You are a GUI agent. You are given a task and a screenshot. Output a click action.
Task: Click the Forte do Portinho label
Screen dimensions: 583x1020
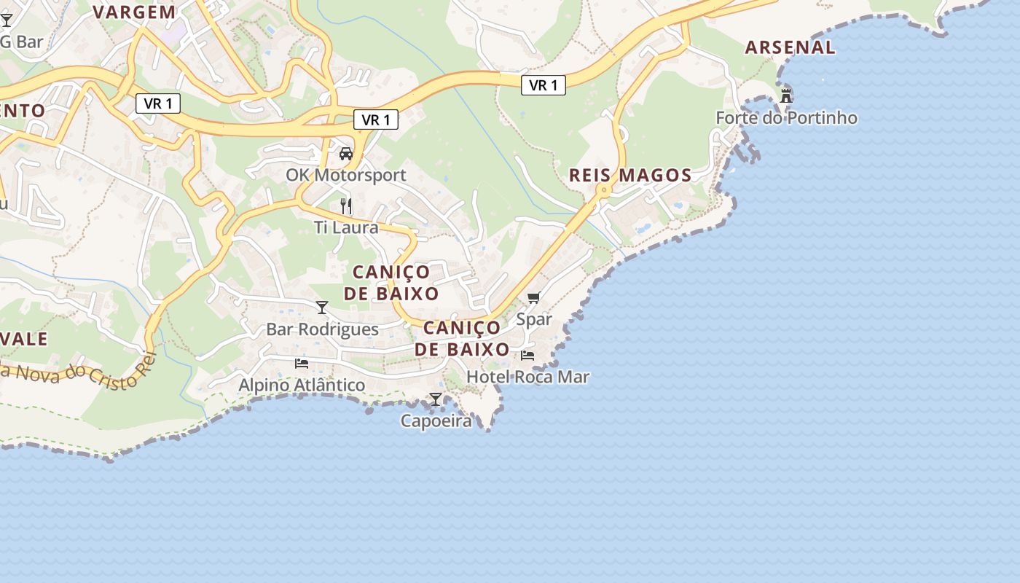(x=786, y=118)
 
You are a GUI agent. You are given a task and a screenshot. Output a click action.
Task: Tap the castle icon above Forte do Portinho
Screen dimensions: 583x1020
(x=785, y=95)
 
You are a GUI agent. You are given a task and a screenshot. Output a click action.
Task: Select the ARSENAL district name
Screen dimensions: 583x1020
(x=790, y=47)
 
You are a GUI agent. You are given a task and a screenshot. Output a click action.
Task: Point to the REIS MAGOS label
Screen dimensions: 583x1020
(x=630, y=175)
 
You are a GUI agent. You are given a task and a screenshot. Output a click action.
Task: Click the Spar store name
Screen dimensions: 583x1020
(x=534, y=319)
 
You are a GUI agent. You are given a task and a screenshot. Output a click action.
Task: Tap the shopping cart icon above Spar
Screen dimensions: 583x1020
(x=534, y=297)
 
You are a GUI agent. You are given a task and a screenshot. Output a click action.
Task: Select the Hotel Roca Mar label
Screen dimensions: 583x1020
(x=527, y=377)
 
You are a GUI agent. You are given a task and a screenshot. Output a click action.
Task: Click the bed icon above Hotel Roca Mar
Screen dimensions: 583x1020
(x=527, y=356)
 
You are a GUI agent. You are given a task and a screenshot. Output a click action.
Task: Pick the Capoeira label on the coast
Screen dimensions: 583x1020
(x=436, y=420)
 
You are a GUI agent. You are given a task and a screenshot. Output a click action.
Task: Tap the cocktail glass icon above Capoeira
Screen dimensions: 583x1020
(x=436, y=399)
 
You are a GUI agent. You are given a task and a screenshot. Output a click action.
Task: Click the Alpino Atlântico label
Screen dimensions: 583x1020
(x=302, y=385)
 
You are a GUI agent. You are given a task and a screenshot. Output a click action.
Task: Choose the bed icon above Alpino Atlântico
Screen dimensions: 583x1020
(x=302, y=363)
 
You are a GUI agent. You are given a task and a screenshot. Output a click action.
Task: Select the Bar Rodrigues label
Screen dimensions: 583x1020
(x=322, y=329)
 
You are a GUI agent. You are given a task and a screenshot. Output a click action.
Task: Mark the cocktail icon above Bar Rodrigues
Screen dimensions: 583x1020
(x=322, y=308)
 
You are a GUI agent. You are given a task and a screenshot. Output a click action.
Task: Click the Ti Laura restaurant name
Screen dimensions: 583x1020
(x=346, y=227)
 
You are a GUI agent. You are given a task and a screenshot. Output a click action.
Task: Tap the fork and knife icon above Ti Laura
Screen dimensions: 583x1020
(x=346, y=206)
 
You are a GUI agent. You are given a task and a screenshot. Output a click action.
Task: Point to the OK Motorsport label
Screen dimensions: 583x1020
(x=345, y=176)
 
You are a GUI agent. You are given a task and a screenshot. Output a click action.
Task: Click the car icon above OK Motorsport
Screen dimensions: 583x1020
(x=346, y=154)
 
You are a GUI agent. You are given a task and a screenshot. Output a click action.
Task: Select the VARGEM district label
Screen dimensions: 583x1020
(x=135, y=12)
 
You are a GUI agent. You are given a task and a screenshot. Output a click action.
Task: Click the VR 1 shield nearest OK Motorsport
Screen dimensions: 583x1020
(x=376, y=120)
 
